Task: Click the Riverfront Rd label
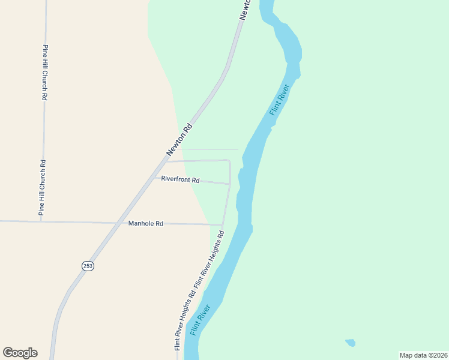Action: tap(180, 179)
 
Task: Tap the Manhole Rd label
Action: tap(146, 224)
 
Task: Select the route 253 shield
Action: tap(88, 265)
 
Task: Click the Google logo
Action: tap(20, 353)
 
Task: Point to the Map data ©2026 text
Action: tap(423, 355)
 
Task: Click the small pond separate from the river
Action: tap(350, 343)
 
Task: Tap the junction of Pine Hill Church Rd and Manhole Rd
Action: tap(41, 221)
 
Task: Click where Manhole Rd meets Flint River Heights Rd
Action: tap(222, 225)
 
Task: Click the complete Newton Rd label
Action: tap(179, 140)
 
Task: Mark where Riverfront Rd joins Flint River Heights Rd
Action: tap(229, 184)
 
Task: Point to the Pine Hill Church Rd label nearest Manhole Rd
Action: tap(42, 187)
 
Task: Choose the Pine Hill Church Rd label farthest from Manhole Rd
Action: tap(44, 72)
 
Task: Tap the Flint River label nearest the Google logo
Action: tap(200, 320)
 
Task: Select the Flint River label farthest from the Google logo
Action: tap(280, 99)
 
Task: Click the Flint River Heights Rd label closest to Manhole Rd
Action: tap(209, 259)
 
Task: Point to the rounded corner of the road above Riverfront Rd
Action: tap(229, 161)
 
